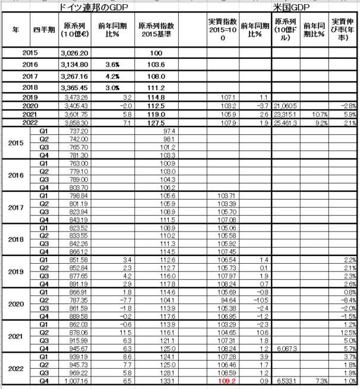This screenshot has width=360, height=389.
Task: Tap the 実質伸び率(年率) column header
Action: pos(345,29)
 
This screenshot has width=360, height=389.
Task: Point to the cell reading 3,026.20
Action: pos(74,53)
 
